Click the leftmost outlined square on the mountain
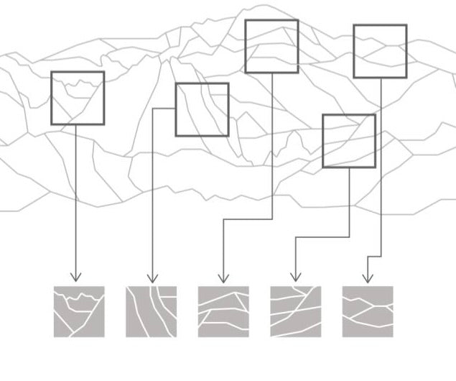pyautogui.click(x=78, y=98)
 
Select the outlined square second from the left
pyautogui.click(x=202, y=109)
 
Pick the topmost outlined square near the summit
pyautogui.click(x=271, y=46)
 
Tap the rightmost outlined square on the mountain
pyautogui.click(x=380, y=51)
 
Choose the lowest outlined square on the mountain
pyautogui.click(x=348, y=141)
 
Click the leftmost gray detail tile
pyautogui.click(x=79, y=311)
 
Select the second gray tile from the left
pyautogui.click(x=151, y=311)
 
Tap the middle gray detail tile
pyautogui.click(x=223, y=311)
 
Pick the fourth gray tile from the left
pyautogui.click(x=295, y=311)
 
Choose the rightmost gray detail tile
pyautogui.click(x=367, y=311)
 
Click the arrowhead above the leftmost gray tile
pyautogui.click(x=75, y=277)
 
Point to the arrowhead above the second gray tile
pyautogui.click(x=152, y=277)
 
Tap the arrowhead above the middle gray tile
pyautogui.click(x=223, y=277)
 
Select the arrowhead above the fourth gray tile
pyautogui.click(x=294, y=277)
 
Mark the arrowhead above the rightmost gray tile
pyautogui.click(x=367, y=277)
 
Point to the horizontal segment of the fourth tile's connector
pyautogui.click(x=322, y=237)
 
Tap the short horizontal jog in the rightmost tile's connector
pyautogui.click(x=373, y=257)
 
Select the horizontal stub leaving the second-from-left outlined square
pyautogui.click(x=164, y=109)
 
